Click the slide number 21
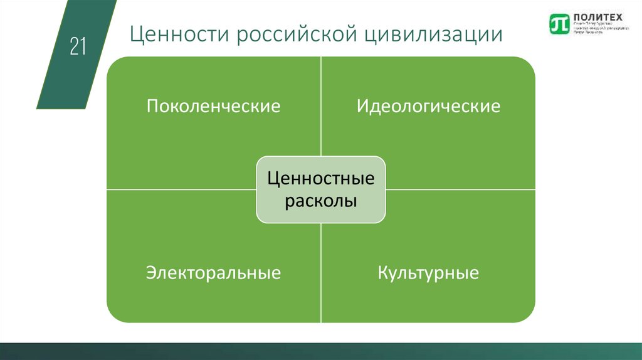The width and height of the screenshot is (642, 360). coord(78,47)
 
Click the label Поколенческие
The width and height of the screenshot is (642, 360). coord(213,105)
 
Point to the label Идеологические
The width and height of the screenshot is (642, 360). coord(428,105)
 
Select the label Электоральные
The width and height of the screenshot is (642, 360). coord(213,273)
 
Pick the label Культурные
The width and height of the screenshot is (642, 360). coord(428,273)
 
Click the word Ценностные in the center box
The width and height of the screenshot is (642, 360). coord(321,179)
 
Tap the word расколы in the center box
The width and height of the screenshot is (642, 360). coord(321,201)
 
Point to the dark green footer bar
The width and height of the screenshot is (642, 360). coord(321,351)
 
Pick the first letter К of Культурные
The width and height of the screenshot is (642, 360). coord(382,273)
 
